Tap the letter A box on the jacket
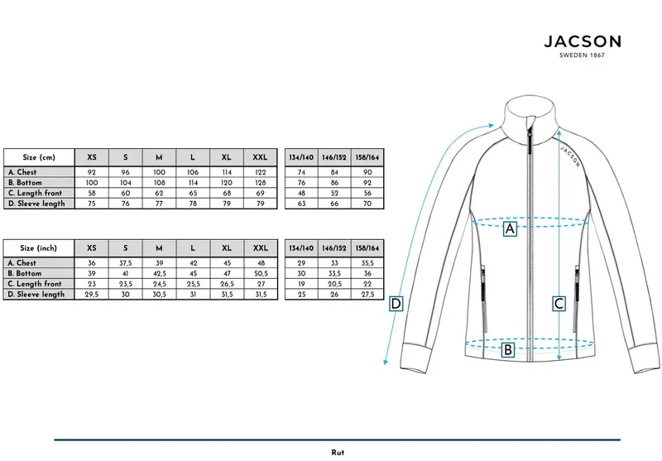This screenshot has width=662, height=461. pos(510,228)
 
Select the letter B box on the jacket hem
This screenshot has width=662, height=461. pos(508,350)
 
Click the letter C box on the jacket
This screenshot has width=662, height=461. pos(559,304)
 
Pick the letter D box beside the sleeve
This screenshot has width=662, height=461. pos(396,304)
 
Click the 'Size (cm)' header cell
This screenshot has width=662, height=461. pos(39,157)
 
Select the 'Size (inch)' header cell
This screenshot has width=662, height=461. pos(39,248)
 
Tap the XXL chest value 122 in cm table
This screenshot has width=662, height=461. pos(261,172)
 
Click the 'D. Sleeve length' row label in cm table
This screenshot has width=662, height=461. pos(36,204)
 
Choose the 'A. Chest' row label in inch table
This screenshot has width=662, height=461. pos(22,263)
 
